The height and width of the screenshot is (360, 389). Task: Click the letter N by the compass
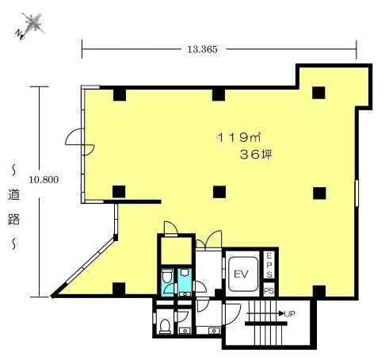point(19,33)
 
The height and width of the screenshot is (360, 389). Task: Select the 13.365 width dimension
point(203,49)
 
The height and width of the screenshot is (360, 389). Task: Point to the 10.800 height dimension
point(44,180)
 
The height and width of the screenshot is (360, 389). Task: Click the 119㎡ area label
point(239,137)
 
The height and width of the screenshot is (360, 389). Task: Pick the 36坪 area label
point(256,155)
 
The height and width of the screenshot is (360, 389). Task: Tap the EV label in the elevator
point(241,274)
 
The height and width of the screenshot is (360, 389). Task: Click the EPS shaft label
point(269,265)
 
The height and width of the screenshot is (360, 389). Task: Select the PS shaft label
point(269,291)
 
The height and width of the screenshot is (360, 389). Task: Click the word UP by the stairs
point(289,314)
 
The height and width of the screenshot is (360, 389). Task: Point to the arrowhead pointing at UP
point(281,313)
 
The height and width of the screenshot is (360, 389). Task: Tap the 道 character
point(13,194)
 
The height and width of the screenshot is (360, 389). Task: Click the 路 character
point(13,219)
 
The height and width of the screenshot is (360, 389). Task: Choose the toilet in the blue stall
point(167,276)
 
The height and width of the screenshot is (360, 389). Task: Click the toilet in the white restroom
point(165,325)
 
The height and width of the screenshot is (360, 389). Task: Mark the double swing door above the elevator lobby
point(208,239)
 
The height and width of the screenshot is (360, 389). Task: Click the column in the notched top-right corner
point(318,93)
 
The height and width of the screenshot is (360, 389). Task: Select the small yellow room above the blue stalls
point(176,251)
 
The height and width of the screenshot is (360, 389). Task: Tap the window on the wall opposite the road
point(357,193)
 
